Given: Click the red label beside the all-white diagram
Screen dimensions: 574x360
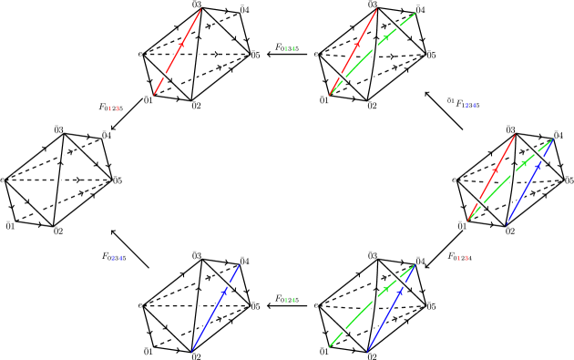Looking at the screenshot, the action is (x=114, y=108).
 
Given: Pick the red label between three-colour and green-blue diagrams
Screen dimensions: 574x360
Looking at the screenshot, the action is (x=463, y=258).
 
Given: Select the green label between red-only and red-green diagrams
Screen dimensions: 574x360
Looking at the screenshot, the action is (x=290, y=49).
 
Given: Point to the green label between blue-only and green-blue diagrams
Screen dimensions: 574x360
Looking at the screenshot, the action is (x=290, y=300).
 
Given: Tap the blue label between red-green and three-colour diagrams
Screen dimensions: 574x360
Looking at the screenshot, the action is (x=470, y=106).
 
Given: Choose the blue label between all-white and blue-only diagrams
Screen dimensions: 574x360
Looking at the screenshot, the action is (x=117, y=258).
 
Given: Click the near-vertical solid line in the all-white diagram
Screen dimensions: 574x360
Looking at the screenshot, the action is (x=58, y=180).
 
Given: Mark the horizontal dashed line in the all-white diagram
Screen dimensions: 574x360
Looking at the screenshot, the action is (x=36, y=180).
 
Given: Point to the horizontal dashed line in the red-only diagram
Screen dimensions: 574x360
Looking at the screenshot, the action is (x=219, y=54).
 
